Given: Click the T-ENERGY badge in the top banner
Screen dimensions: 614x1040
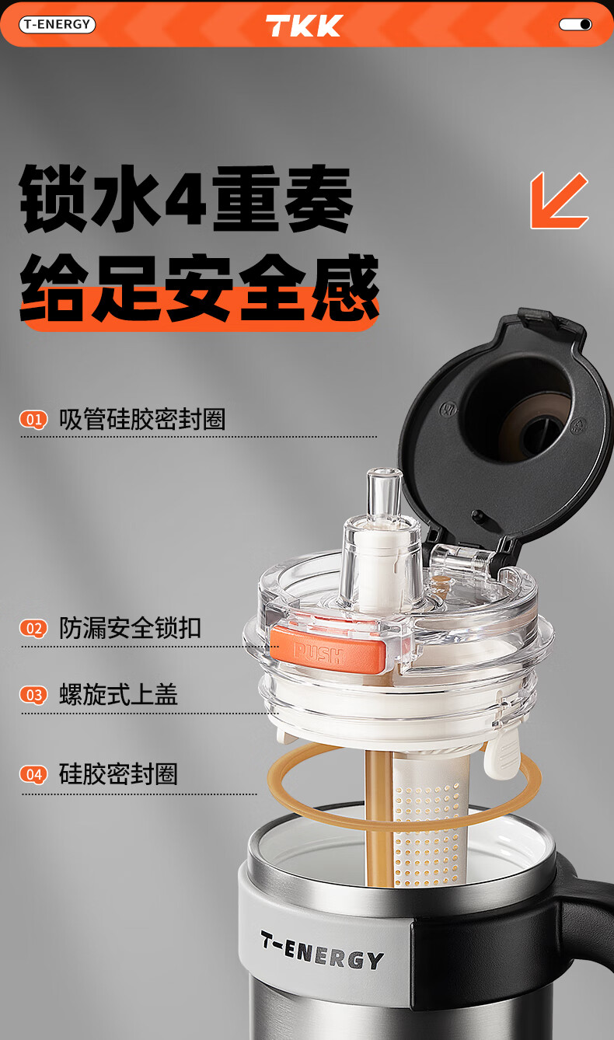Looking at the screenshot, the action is point(57,24).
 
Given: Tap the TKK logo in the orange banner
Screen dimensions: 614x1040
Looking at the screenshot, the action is point(304,26).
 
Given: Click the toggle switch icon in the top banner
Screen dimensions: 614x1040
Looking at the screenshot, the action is point(575,24).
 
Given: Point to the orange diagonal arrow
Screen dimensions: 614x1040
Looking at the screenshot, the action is point(559,200).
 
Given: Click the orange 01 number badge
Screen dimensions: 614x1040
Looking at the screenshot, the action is point(33,420).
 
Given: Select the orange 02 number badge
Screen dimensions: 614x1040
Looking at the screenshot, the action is point(33,629).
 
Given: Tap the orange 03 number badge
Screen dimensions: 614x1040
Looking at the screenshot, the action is point(33,695).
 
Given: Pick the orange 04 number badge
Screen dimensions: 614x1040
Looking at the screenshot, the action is point(33,774).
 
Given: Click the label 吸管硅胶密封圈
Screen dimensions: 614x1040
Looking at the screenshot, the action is point(142,419).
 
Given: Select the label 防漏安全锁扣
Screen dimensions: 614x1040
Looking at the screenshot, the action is point(130,628).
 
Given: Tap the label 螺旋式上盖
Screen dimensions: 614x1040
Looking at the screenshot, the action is point(118,695).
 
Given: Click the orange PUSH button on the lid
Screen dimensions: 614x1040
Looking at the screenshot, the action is point(328,648).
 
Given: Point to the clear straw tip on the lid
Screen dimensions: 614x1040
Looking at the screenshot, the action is point(384,492).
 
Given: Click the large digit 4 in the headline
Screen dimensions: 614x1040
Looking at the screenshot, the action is point(186,200).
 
